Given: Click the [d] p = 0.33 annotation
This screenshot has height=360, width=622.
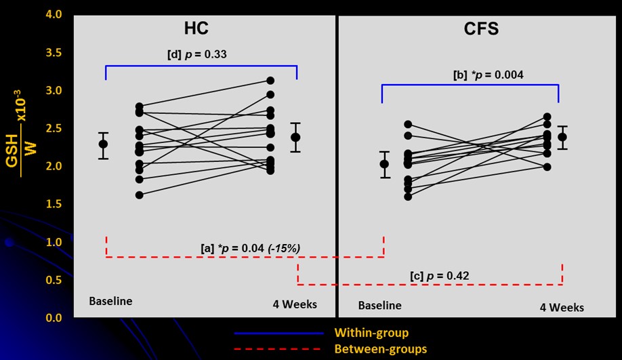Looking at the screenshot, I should click(x=196, y=54).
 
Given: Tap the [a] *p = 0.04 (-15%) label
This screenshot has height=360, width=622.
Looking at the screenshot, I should click(x=251, y=249).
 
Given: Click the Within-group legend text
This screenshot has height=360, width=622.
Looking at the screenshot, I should click(x=371, y=333).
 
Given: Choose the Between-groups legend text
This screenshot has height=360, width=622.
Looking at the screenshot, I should click(x=380, y=349).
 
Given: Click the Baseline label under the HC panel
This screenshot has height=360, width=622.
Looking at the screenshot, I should click(x=110, y=300).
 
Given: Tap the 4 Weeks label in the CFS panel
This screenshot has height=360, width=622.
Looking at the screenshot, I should click(x=562, y=307).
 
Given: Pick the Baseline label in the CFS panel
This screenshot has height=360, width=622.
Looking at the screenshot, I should click(x=379, y=306).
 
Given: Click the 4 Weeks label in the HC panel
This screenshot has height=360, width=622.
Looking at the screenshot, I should click(x=291, y=304).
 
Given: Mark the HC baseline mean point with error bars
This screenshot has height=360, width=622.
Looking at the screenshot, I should click(x=103, y=144).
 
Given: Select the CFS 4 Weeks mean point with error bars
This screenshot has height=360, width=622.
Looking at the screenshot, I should click(x=562, y=137).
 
